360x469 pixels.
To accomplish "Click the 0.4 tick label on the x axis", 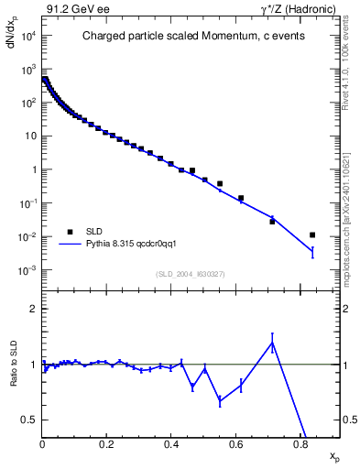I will tap(171, 446).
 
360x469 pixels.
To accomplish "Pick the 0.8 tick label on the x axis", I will tap(300, 446).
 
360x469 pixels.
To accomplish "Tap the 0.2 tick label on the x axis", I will tap(106, 446).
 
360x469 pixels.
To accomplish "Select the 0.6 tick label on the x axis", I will tap(236, 446).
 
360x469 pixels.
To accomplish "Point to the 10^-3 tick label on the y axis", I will tap(28, 270).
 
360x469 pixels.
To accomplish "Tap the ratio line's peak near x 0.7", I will tap(272, 343).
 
